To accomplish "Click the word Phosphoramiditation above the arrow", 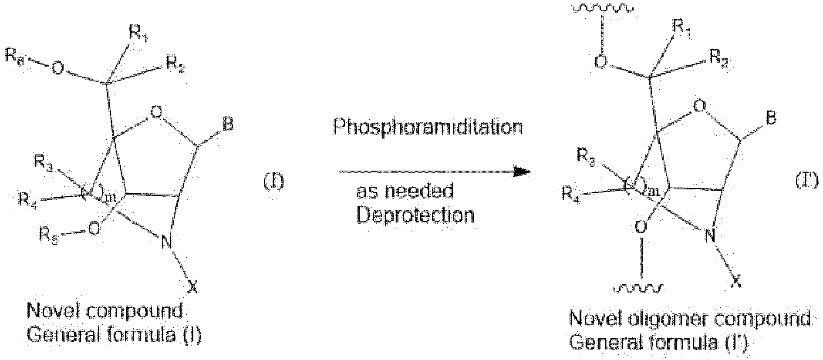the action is [428, 128].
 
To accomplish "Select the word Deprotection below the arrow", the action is [415, 215].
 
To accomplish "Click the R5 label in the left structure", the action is [50, 235].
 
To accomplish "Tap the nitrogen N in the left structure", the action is [166, 242].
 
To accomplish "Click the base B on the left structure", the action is [228, 124].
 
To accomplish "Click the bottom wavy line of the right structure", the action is [639, 288].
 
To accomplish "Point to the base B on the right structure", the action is [771, 119].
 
